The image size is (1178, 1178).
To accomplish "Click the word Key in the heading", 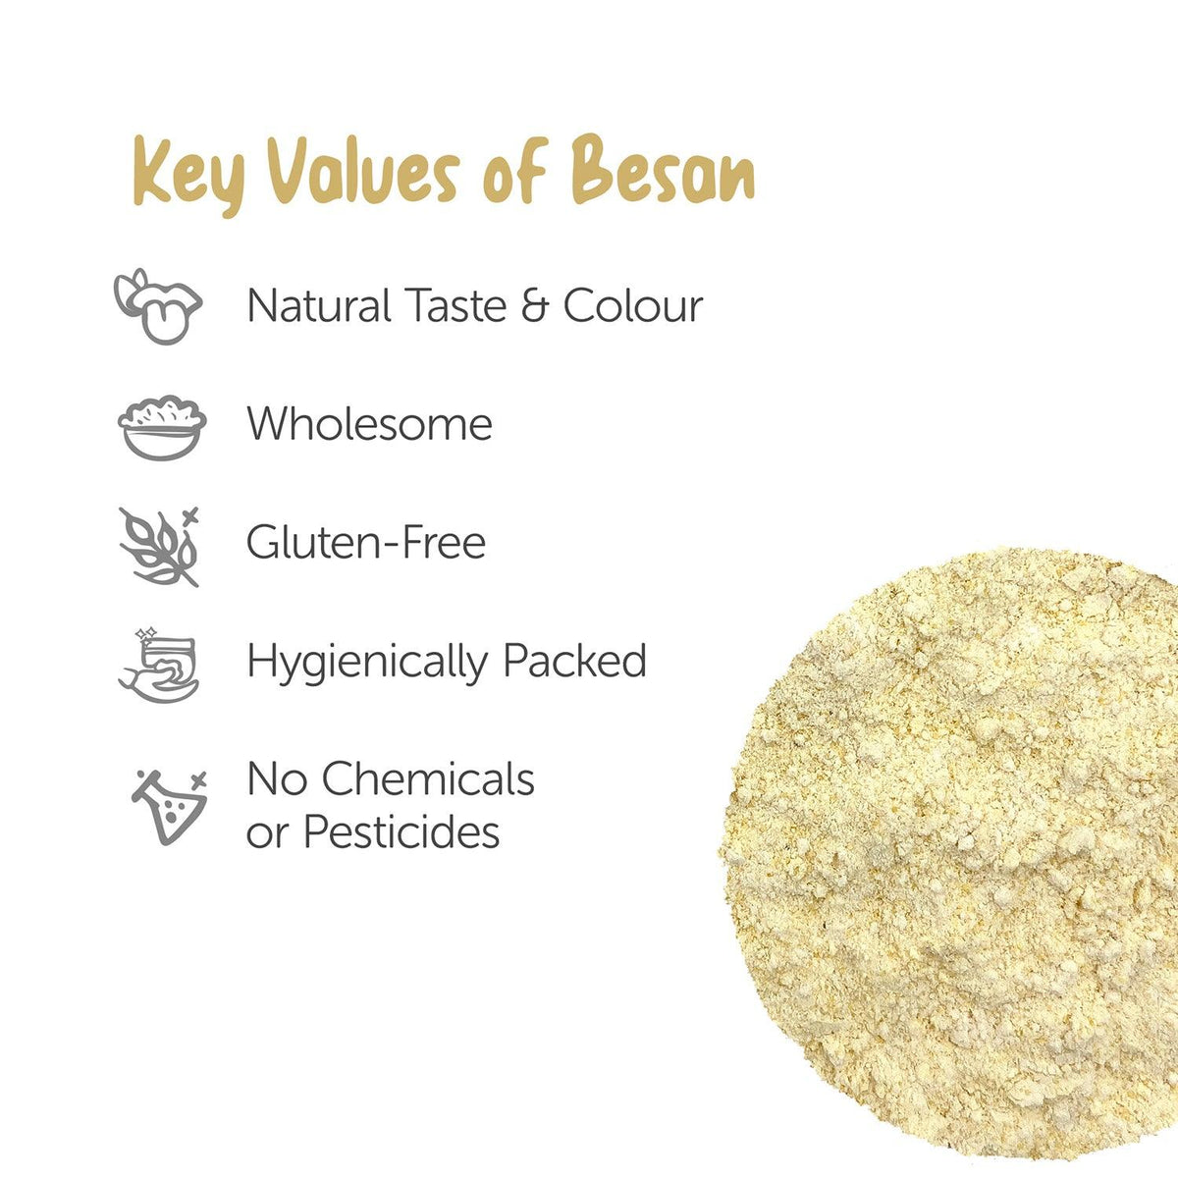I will click(x=186, y=178).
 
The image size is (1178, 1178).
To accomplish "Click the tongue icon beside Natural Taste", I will click(x=158, y=305).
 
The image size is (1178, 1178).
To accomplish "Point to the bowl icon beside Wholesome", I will click(x=162, y=427).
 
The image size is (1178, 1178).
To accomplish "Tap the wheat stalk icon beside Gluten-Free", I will click(x=160, y=545).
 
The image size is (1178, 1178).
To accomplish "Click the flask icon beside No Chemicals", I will click(x=169, y=807).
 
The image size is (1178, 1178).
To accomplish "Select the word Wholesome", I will click(x=369, y=424).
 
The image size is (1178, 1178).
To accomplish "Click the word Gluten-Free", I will click(x=366, y=543).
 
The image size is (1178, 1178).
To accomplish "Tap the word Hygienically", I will click(x=368, y=663).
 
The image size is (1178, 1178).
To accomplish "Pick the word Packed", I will click(x=574, y=661).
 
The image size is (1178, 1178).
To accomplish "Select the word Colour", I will click(x=633, y=305).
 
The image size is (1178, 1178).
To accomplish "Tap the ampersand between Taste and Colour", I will click(x=534, y=305).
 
